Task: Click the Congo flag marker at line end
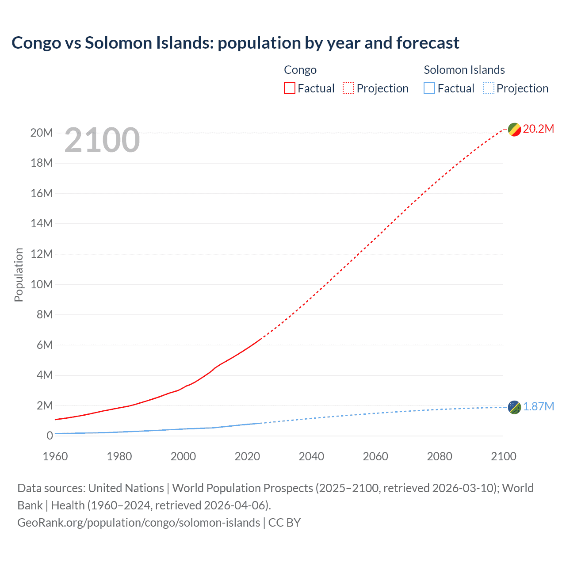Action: [x=514, y=130]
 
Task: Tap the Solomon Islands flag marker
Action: [x=514, y=407]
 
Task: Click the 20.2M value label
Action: [x=538, y=129]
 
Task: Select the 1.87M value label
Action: [x=538, y=406]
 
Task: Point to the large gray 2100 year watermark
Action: [x=102, y=140]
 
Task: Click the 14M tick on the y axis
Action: [x=42, y=223]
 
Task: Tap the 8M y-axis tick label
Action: [x=44, y=314]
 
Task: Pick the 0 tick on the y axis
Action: [x=50, y=436]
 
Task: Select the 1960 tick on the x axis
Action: [x=55, y=456]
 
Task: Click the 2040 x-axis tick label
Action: [x=311, y=456]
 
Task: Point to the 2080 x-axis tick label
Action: [x=440, y=456]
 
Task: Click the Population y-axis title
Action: [x=19, y=275]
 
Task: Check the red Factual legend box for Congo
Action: [x=290, y=88]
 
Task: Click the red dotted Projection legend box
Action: [x=348, y=88]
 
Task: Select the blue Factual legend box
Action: [x=429, y=88]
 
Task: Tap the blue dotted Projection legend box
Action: [x=489, y=88]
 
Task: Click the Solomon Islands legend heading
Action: [x=464, y=70]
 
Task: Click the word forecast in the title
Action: [x=428, y=43]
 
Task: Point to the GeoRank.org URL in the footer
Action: [x=138, y=522]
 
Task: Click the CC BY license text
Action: [x=284, y=522]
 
